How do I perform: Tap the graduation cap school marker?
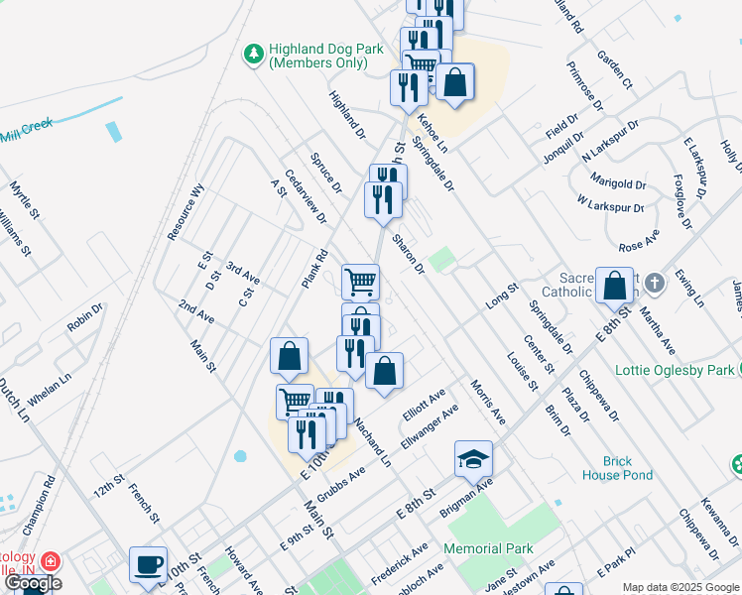pos(474,458)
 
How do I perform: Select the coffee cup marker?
pos(148,564)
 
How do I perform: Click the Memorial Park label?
pos(488,548)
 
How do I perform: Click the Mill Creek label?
pos(25,129)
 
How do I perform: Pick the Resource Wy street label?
pos(185,211)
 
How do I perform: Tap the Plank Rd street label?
pos(315,269)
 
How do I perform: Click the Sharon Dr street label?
pos(407,254)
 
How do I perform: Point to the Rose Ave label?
pos(640,240)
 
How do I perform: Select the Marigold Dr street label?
pos(618,182)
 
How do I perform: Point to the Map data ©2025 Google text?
pos(680,587)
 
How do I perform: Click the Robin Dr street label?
pos(85,317)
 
